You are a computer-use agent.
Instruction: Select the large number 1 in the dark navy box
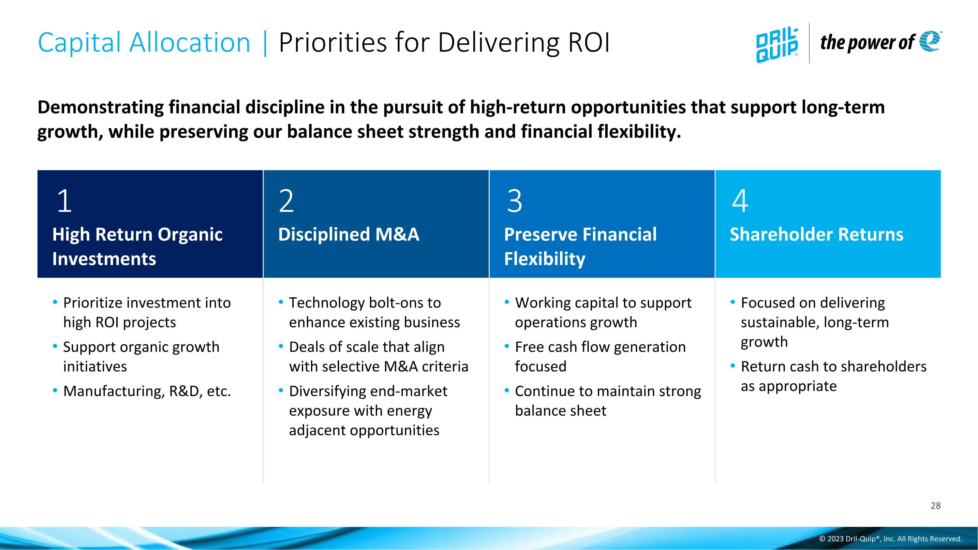[64, 201]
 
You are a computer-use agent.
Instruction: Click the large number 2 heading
[286, 201]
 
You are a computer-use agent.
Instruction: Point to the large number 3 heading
[514, 201]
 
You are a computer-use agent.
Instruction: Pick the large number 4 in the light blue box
[740, 201]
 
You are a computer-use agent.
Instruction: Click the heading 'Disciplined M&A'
[348, 234]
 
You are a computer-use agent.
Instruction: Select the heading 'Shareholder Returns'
[816, 234]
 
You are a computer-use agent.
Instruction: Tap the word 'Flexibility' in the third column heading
[544, 259]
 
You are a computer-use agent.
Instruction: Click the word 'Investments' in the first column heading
[104, 259]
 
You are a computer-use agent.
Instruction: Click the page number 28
[936, 506]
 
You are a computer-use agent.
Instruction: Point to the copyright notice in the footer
[890, 539]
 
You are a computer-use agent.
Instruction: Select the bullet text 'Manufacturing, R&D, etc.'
[147, 391]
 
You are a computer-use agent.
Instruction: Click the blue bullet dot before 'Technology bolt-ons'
[281, 302]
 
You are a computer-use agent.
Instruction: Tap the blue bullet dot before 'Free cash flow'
[507, 346]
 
